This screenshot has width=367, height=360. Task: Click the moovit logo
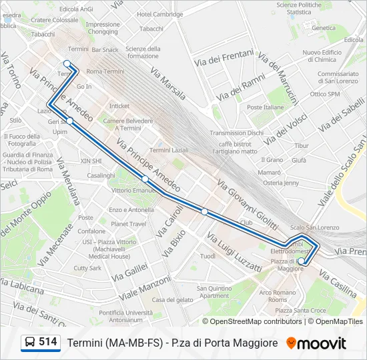(x=316, y=343)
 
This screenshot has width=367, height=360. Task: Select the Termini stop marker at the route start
(x=67, y=64)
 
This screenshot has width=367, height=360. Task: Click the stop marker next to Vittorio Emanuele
(x=145, y=179)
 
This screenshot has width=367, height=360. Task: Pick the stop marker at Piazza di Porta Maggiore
(x=302, y=261)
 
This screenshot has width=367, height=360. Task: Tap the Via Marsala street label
(x=167, y=79)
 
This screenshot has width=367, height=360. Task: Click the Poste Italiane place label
(x=265, y=107)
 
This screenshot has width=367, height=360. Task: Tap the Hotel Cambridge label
(x=159, y=15)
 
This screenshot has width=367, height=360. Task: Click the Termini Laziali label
(x=169, y=151)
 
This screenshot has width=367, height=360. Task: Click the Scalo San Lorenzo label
(x=314, y=227)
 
